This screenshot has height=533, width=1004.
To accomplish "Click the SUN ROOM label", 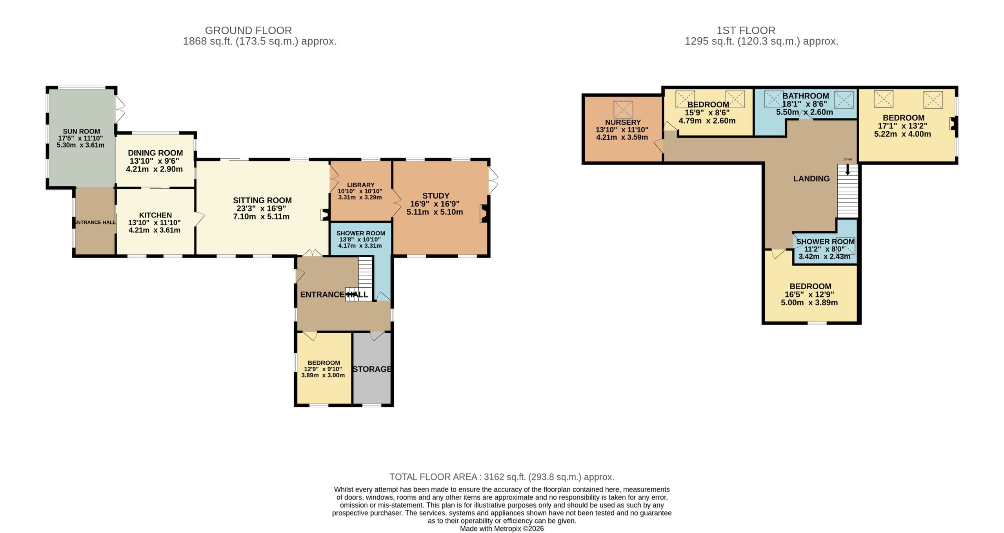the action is (x=81, y=131).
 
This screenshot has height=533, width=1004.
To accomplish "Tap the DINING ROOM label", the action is (x=155, y=153).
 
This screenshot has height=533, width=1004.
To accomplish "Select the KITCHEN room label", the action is (x=155, y=215).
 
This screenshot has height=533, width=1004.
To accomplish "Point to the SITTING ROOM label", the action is (x=262, y=200).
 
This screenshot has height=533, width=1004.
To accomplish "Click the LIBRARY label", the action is (x=361, y=185).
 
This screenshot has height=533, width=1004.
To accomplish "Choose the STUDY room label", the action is (x=436, y=195).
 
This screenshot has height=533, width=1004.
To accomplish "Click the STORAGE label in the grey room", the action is (x=372, y=369).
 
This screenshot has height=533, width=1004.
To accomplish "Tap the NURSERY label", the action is (x=623, y=122).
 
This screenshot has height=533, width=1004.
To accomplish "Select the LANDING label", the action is (x=811, y=179).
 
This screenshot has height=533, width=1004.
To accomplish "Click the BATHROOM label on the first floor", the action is (x=806, y=96).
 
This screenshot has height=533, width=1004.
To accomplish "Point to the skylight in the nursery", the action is (x=623, y=110).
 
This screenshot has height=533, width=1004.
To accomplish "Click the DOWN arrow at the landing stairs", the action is (x=848, y=170).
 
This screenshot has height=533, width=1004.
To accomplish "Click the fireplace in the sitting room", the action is (x=325, y=214).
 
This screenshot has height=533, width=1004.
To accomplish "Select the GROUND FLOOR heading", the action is (x=248, y=30).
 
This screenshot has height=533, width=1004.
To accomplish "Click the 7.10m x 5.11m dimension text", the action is (x=261, y=217).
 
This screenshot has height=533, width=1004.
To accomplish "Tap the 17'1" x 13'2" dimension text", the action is (x=902, y=126).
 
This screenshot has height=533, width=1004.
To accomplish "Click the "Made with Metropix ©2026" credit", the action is (x=502, y=528).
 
